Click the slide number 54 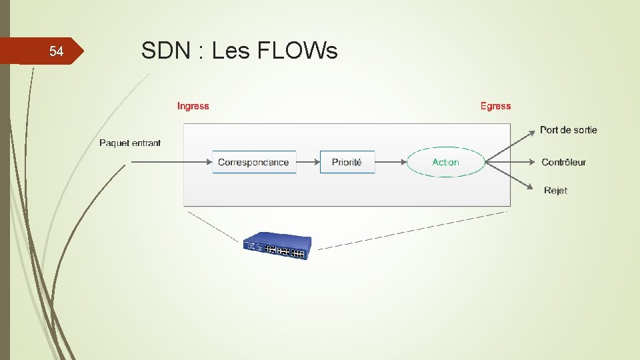[56, 52]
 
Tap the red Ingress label [193, 106]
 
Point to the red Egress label [495, 106]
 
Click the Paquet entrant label [130, 143]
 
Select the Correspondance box [253, 162]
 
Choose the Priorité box [347, 162]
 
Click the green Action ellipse [445, 162]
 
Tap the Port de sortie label [568, 130]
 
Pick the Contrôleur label [563, 162]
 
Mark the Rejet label [555, 191]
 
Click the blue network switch [276, 247]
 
